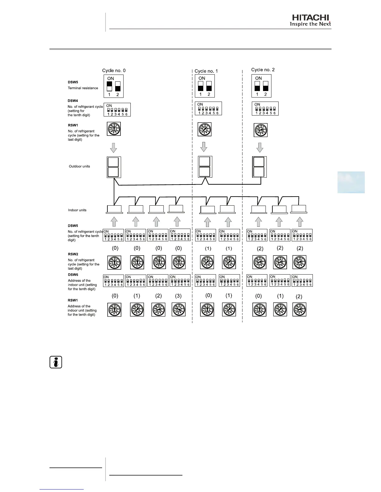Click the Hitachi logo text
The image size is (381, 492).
pos(310,18)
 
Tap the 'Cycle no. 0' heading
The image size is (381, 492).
pos(114,71)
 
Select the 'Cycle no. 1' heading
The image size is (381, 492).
pos(206,71)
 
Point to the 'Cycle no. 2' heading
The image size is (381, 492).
pos(263,70)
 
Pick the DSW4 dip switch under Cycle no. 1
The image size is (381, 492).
pos(208,109)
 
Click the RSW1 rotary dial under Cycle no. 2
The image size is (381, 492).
pos(260,130)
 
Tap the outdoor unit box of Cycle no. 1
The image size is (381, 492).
pos(205,167)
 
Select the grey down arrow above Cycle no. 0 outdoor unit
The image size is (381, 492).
pos(114,148)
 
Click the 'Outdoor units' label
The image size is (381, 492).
pos(79,166)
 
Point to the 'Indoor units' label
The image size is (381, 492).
pos(77,210)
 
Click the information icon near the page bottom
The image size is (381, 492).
pos(56,362)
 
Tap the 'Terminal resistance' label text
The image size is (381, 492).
pos(83,88)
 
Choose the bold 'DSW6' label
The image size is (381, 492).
pos(73,275)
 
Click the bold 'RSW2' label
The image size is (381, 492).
pos(73,254)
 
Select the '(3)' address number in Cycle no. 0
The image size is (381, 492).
pos(178,296)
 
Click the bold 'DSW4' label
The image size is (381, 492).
pos(73,101)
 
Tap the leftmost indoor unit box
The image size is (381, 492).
pos(114,209)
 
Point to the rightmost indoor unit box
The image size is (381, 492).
pos(299,209)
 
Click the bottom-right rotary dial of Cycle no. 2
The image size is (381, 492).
pos(299,310)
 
